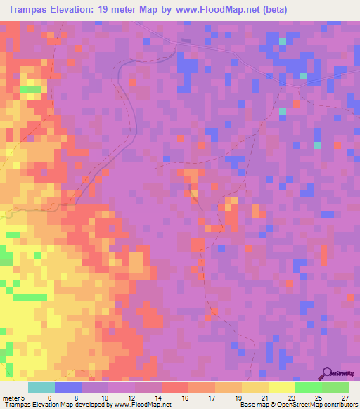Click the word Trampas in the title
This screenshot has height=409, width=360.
tap(30, 8)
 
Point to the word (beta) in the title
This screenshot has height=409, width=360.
tap(271, 8)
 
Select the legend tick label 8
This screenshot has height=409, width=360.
tap(77, 397)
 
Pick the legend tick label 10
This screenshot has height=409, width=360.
tap(104, 397)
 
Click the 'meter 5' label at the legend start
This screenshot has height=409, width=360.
tap(13, 397)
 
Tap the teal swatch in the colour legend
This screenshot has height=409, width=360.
tap(41, 387)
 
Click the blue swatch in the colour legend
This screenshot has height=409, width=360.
tap(68, 387)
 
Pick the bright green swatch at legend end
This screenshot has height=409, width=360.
tap(335, 387)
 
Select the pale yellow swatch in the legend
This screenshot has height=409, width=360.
tap(281, 387)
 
